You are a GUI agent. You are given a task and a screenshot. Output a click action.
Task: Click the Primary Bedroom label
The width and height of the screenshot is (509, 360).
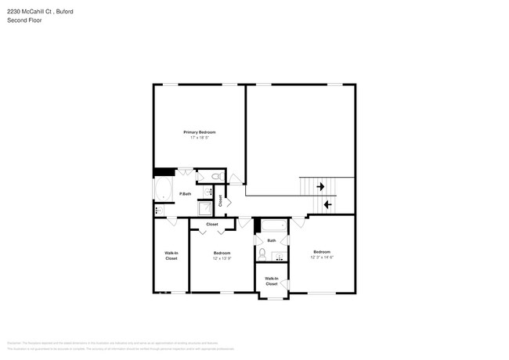[x=200, y=132]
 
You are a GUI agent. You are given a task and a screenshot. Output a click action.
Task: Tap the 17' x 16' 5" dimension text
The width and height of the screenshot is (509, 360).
[x=200, y=138]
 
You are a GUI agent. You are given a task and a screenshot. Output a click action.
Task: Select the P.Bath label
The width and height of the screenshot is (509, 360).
[x=186, y=193]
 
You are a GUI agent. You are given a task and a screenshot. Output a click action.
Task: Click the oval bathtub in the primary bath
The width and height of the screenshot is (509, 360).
[x=163, y=189]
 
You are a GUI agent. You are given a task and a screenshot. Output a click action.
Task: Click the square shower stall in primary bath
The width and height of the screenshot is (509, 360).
[x=204, y=208]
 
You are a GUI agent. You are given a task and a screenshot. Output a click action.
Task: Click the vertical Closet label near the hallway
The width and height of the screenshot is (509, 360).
[x=221, y=200]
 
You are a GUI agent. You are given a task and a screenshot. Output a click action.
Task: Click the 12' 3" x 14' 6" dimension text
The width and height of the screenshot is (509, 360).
[x=322, y=257]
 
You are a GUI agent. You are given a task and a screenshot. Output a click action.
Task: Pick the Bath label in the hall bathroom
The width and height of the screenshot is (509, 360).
[x=272, y=240]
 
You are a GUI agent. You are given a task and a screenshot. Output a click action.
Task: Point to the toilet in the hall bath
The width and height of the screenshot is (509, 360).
[x=262, y=253]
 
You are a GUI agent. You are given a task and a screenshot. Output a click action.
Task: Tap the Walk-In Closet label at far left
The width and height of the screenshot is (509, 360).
[x=171, y=255]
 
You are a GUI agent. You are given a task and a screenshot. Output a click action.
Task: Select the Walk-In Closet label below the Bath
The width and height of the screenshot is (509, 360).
[x=271, y=280]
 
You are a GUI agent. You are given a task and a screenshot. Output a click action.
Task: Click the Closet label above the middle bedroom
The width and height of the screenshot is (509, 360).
[x=211, y=224]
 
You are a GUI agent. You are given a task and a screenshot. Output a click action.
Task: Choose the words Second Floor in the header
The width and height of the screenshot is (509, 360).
[x=26, y=20]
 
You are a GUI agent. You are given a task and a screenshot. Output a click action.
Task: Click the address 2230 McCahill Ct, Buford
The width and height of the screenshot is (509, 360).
[x=40, y=11]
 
